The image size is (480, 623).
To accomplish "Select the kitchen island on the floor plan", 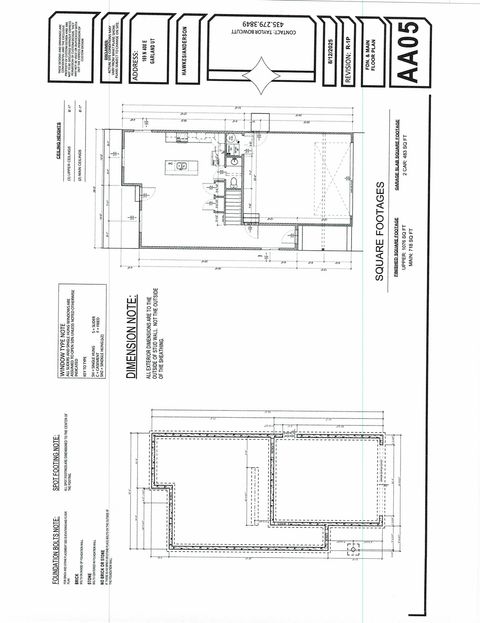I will pos(181,165).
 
